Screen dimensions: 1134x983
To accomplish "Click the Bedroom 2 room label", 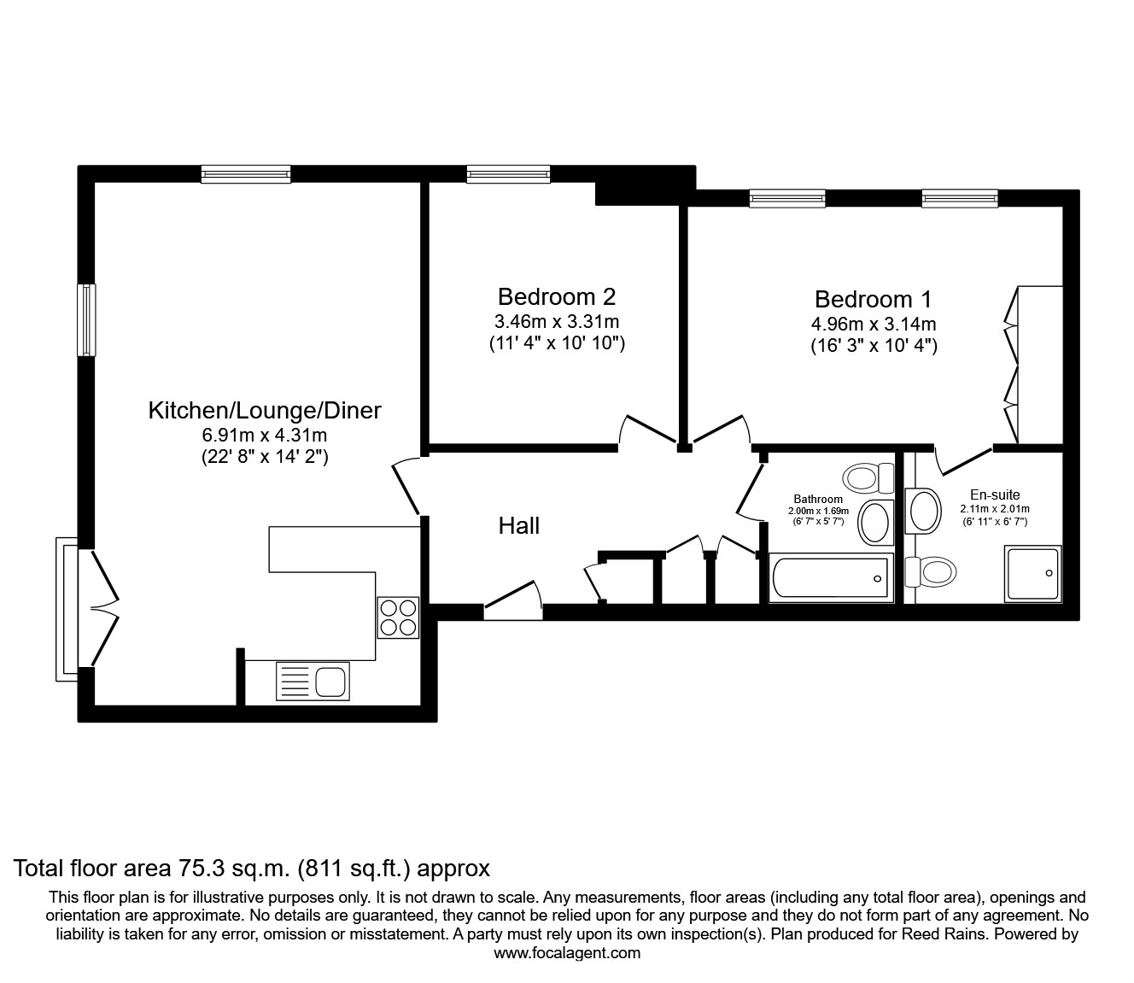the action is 556,297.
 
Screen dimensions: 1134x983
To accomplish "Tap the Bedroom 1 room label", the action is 873,300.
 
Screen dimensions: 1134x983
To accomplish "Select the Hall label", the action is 519,526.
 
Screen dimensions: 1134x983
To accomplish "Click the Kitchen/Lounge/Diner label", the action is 265,411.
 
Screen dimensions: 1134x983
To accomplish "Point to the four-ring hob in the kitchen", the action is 398,617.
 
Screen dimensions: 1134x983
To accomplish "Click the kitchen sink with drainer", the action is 313,682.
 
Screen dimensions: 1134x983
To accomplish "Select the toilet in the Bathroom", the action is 868,478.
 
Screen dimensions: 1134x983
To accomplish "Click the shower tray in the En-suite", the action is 1032,574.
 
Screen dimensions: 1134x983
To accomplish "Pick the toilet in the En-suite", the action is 931,572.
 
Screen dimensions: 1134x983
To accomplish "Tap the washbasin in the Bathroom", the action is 875,522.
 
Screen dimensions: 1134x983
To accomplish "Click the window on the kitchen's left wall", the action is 86,320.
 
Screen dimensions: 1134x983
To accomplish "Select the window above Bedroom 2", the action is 508,174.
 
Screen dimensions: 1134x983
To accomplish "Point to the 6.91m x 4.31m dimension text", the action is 265,436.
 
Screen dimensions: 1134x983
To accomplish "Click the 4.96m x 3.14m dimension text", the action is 874,325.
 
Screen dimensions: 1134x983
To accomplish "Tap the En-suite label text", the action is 995,494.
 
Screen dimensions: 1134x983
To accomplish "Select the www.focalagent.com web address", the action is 567,953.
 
